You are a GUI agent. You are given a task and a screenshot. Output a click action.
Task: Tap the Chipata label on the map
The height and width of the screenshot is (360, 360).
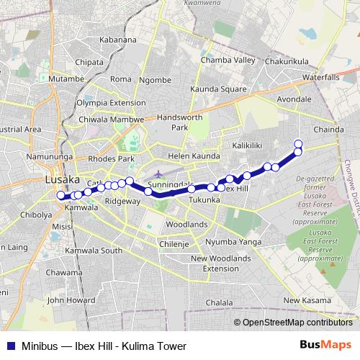(x=89, y=62)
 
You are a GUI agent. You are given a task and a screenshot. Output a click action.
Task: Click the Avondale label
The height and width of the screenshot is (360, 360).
(x=294, y=99)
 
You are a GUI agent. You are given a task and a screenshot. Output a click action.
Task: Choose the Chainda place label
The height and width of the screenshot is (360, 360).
(x=330, y=130)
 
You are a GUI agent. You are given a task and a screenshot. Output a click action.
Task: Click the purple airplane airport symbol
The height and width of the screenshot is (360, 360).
(x=158, y=174)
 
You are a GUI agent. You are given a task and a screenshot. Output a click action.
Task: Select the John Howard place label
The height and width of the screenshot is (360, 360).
(x=71, y=300)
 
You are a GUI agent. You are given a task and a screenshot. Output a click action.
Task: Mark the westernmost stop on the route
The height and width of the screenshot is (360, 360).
(x=60, y=195)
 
